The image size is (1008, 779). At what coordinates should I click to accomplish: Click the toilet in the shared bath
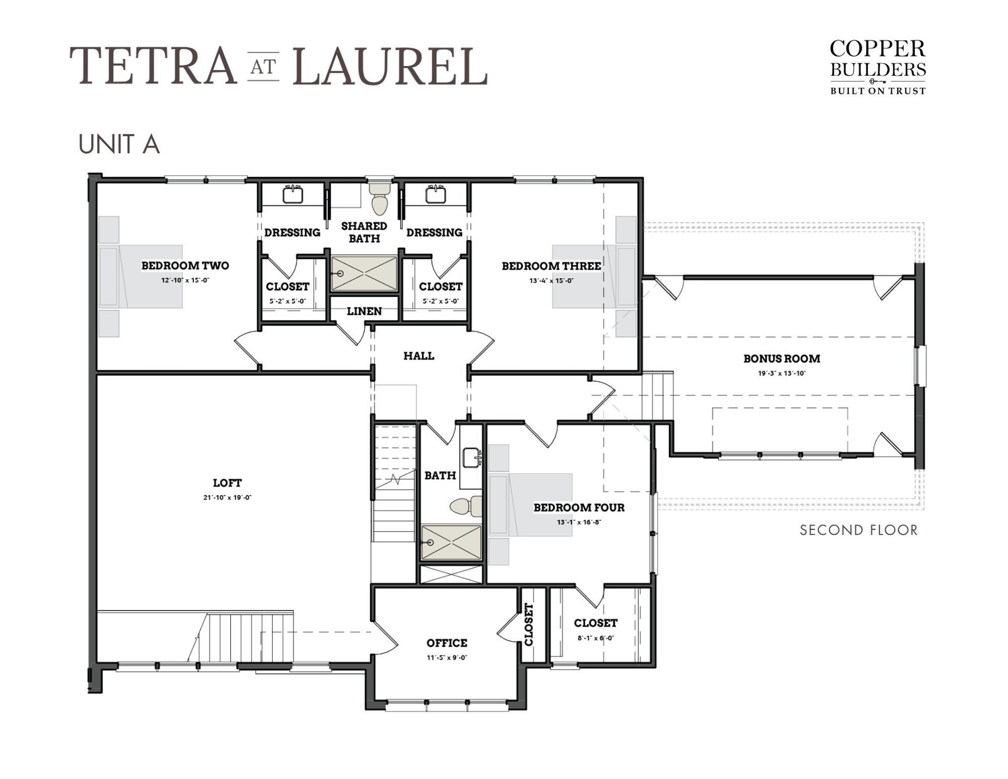point(379,199)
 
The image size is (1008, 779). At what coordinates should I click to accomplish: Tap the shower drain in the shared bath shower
point(340,274)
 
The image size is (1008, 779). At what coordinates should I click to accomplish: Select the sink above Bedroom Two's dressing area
point(293,194)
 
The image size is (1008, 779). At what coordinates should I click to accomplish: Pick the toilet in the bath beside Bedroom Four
point(466,506)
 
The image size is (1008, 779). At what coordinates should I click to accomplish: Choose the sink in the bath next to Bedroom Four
point(472,457)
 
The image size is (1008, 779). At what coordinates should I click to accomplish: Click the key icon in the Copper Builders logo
point(878,81)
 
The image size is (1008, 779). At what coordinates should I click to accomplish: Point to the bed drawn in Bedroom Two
point(140,276)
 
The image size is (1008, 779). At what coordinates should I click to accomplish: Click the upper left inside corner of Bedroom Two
point(97,184)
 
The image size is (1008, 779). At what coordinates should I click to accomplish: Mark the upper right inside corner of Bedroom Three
point(637,184)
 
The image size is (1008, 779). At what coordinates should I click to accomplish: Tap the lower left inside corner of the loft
point(97,662)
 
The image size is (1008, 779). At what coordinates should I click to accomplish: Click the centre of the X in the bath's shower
point(451,543)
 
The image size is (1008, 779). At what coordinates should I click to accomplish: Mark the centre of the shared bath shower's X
point(364,274)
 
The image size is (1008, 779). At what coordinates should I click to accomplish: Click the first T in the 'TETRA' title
point(87,65)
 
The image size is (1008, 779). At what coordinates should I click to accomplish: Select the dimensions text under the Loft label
point(227,498)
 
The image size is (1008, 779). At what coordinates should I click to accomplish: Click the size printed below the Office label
point(447,658)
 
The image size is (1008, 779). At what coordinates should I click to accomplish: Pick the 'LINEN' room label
point(364,311)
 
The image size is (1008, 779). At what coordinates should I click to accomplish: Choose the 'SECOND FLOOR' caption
point(859,530)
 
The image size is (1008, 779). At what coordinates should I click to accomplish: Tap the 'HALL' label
point(419,356)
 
